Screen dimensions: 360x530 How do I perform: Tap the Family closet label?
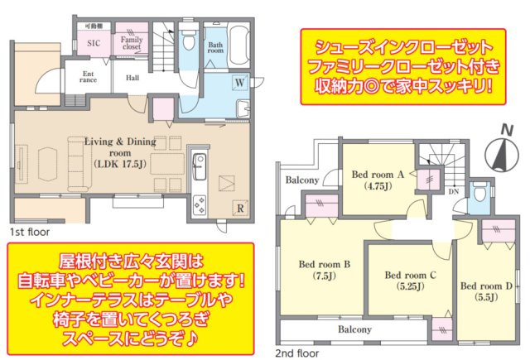coord(131,43)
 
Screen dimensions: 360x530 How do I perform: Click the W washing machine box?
coord(238,84)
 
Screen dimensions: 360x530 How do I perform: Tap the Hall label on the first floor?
coord(132,78)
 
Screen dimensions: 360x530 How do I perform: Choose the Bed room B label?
coord(325,270)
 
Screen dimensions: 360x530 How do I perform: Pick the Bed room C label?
coord(406,280)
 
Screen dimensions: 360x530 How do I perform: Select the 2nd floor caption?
coord(296,353)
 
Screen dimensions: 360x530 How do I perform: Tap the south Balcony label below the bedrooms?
coord(354,329)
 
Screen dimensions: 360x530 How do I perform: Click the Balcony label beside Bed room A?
coord(302,180)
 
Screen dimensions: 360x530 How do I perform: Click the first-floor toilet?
coord(189,39)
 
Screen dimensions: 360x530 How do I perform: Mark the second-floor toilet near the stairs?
coord(478,194)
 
